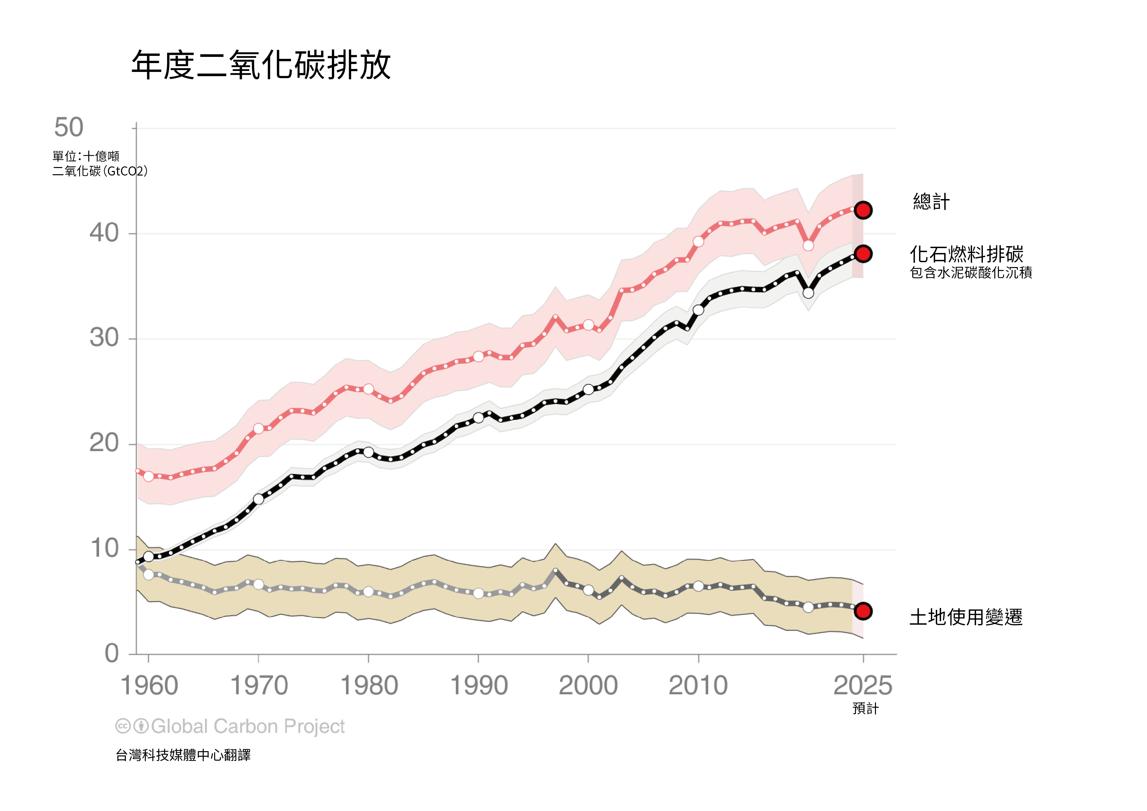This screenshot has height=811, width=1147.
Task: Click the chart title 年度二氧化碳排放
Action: point(261,65)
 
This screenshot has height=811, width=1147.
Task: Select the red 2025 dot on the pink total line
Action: point(863,210)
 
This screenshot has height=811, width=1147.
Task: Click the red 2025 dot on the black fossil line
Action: point(863,254)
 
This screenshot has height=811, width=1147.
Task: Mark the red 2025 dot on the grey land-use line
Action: point(863,611)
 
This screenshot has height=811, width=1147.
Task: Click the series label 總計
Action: point(931,202)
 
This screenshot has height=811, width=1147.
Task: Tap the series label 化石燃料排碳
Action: point(966,254)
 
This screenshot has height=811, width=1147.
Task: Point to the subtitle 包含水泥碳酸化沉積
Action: point(971,273)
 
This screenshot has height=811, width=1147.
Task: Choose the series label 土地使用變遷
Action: point(966,617)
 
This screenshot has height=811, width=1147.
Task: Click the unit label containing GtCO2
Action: point(100,171)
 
